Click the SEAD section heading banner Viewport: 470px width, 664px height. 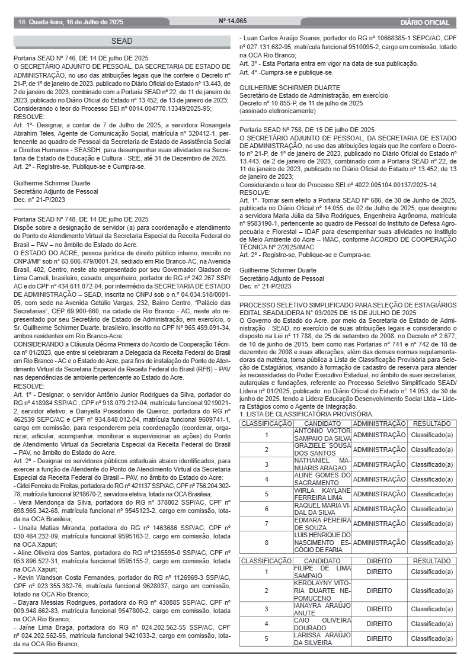point(122,41)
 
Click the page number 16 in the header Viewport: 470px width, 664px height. point(21,23)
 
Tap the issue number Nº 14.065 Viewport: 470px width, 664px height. point(233,21)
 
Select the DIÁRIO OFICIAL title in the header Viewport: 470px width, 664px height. point(424,23)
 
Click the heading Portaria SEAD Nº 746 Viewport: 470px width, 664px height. point(81,59)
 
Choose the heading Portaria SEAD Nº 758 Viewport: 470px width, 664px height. point(307,130)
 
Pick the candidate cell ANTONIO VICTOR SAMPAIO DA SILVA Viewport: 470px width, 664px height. point(322,434)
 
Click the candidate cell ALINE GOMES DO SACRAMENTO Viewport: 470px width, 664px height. point(322,479)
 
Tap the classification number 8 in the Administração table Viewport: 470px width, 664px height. point(266,542)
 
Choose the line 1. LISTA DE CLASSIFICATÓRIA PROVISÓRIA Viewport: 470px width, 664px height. point(306,414)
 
